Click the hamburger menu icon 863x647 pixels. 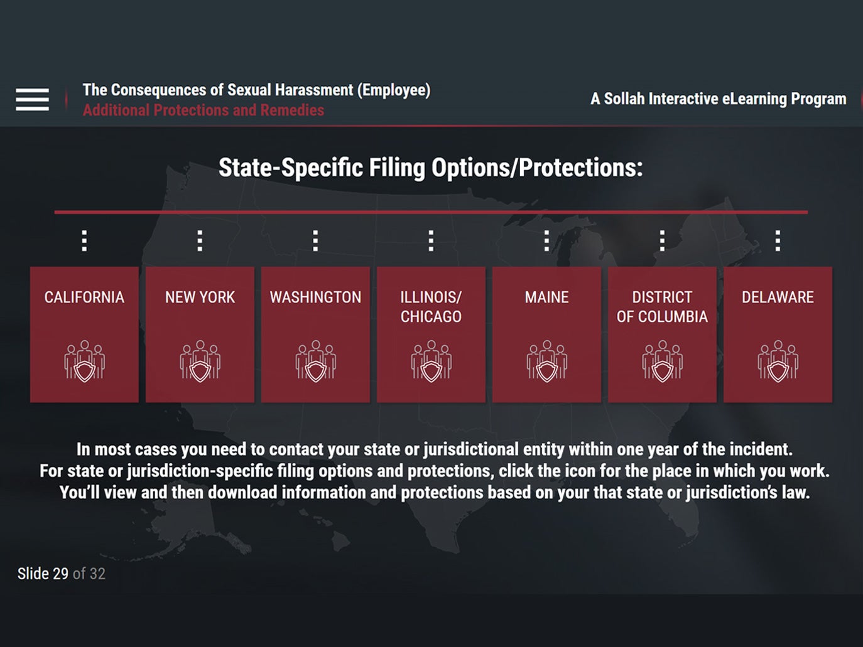click(32, 99)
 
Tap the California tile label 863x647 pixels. click(84, 297)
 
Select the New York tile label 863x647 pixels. click(200, 297)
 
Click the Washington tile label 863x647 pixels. click(315, 297)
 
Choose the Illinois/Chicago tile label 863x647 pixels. click(431, 307)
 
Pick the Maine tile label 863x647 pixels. click(546, 297)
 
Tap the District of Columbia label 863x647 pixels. click(662, 307)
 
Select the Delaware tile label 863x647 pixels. click(778, 297)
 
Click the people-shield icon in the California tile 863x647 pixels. click(85, 361)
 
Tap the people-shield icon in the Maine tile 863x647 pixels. click(547, 361)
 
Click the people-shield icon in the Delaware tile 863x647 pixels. click(778, 361)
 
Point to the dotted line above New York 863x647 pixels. click(200, 240)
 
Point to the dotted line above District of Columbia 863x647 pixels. click(662, 240)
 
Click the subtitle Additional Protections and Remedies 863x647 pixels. click(204, 110)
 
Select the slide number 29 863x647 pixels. click(60, 574)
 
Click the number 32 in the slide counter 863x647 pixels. click(97, 574)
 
